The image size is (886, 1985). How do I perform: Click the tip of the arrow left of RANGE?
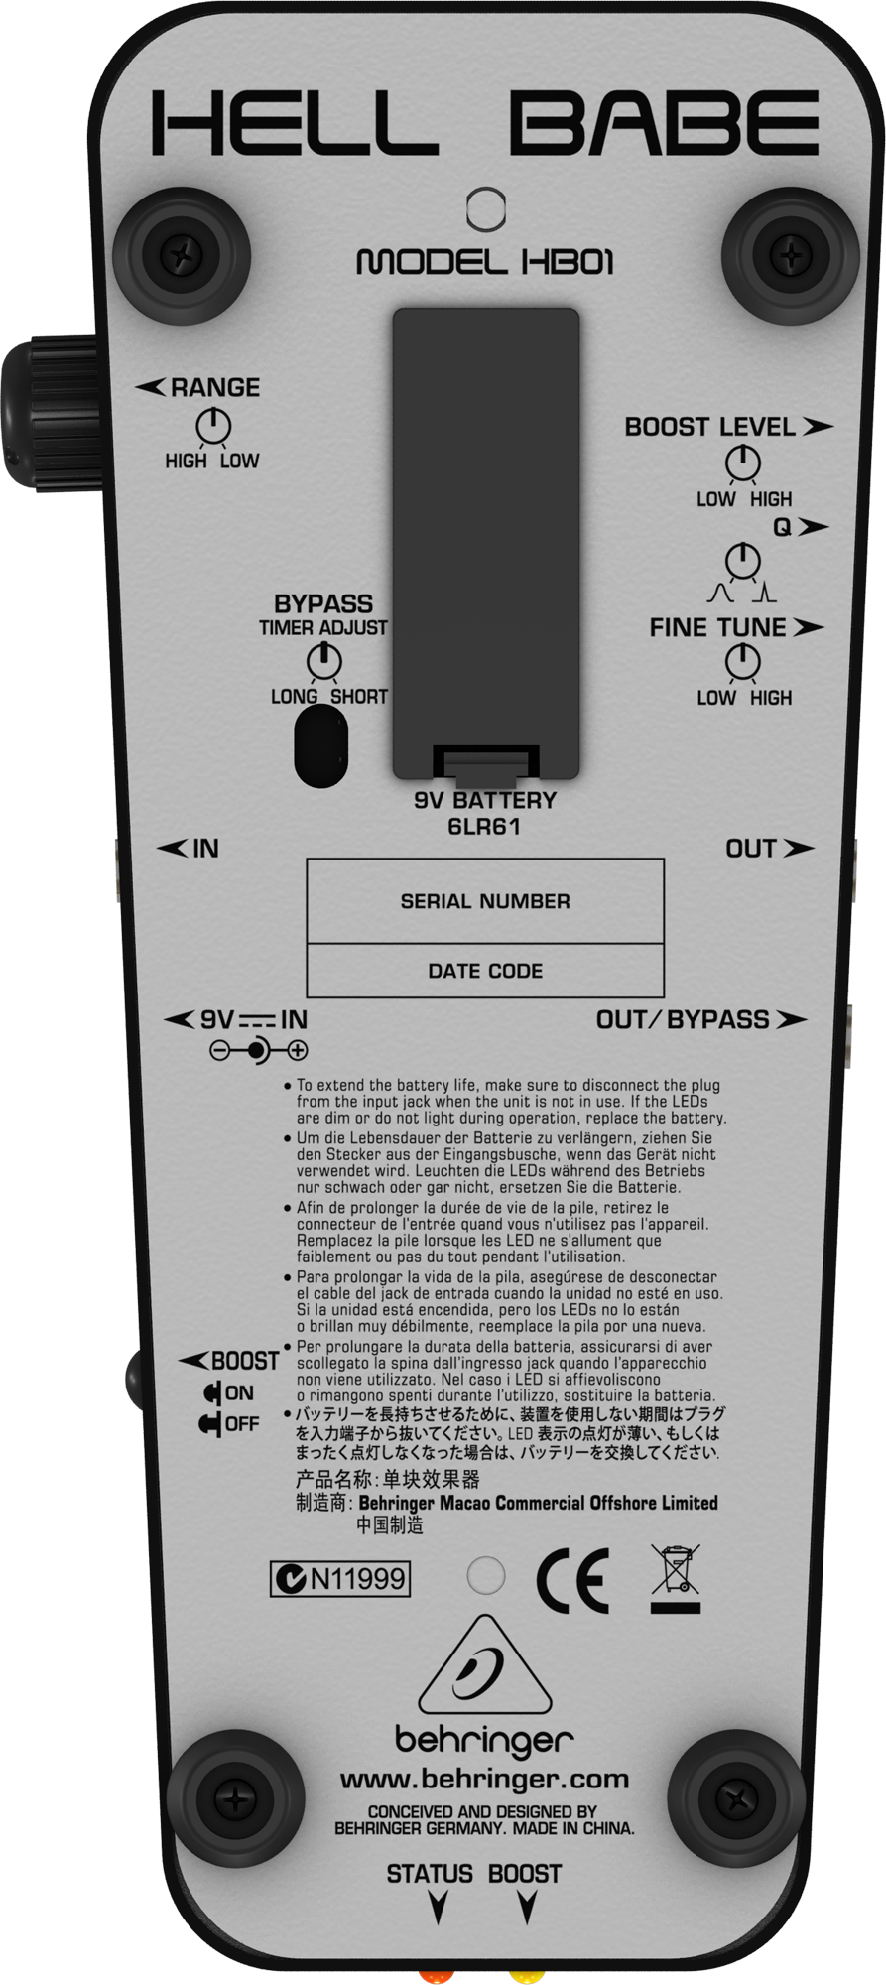click(x=136, y=387)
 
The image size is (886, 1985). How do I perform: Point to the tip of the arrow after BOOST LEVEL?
click(x=833, y=427)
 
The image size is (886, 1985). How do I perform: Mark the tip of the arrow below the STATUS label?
click(x=437, y=1923)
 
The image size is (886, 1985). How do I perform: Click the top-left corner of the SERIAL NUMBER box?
click(x=307, y=860)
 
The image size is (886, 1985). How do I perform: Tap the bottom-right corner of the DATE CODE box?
click(x=664, y=996)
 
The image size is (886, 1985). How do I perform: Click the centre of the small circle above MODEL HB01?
click(x=485, y=208)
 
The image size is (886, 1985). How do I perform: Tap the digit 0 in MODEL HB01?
click(x=581, y=262)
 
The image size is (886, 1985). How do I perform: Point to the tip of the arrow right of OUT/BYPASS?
click(x=807, y=1019)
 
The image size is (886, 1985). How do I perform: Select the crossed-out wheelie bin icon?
click(x=676, y=1578)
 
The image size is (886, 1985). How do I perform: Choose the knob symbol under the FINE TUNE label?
click(x=743, y=662)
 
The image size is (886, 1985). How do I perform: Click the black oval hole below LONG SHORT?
click(x=321, y=745)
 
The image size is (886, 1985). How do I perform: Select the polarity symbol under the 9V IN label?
click(x=259, y=1049)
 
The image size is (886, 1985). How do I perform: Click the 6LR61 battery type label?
click(x=484, y=826)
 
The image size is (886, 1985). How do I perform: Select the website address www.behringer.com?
click(x=484, y=1780)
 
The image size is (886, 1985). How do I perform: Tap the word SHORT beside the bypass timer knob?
click(x=359, y=696)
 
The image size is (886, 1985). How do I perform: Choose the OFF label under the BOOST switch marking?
click(x=242, y=1423)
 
